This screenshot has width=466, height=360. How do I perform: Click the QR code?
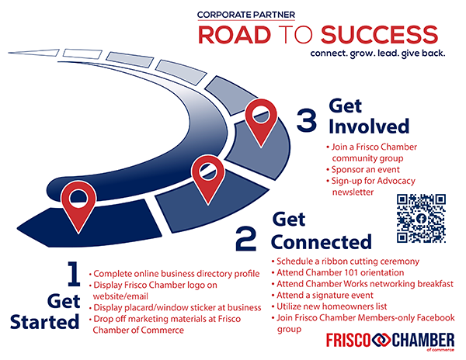click(x=421, y=219)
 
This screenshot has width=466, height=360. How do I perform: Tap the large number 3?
click(x=307, y=120)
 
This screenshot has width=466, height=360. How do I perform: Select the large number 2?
click(x=245, y=239)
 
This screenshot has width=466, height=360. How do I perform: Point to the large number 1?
click(x=74, y=274)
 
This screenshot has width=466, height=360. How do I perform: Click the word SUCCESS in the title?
click(x=379, y=35)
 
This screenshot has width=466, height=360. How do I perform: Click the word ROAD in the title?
click(x=235, y=35)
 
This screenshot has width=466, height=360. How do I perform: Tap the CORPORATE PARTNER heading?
click(x=246, y=15)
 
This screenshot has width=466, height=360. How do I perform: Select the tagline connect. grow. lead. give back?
click(x=377, y=54)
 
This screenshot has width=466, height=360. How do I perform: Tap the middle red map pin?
click(x=208, y=179)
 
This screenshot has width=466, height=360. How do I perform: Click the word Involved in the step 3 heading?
click(x=369, y=126)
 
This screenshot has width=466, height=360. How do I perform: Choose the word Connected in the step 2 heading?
click(x=322, y=242)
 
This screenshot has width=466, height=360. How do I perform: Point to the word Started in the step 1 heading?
click(x=44, y=322)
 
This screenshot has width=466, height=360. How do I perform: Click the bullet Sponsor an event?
click(x=365, y=169)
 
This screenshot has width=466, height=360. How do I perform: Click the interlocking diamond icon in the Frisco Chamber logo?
click(x=381, y=340)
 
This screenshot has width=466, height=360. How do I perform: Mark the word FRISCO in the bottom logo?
click(x=348, y=340)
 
